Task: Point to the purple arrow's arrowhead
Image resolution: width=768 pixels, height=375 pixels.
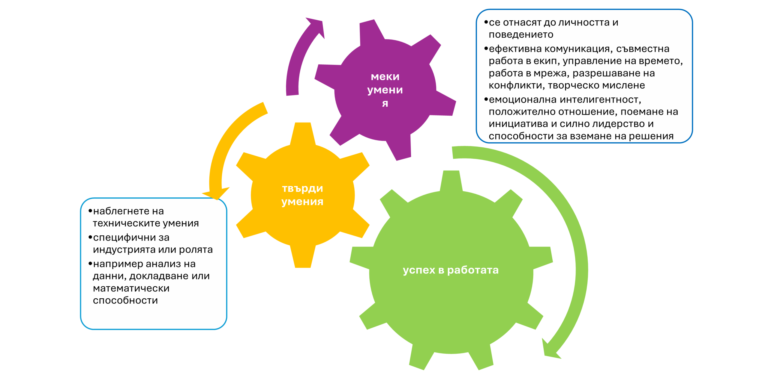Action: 316,27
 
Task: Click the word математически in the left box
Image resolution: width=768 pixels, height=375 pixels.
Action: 131,288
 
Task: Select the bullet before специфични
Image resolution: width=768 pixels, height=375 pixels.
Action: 90,237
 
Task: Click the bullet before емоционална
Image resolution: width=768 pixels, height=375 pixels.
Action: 486,99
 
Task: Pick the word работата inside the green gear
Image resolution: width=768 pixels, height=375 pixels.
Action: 473,270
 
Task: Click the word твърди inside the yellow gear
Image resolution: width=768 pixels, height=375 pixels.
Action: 302,189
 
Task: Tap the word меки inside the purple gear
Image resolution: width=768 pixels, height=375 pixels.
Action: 385,77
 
